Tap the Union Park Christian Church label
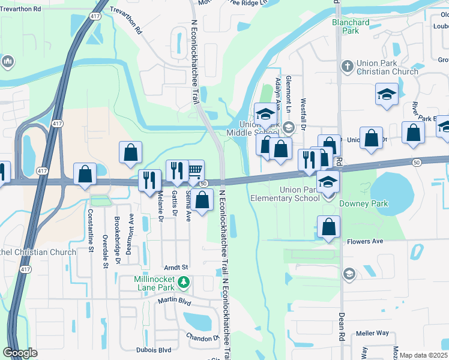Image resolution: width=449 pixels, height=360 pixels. coord(378,67)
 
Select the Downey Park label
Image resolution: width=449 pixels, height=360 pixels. coord(364,203)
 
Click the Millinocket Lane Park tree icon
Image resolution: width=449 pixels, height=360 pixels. coord(186,281)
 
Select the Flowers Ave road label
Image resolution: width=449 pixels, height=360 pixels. coord(365,242)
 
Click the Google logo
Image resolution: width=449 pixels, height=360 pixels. coord(20,353)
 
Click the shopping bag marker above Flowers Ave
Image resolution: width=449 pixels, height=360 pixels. coord(328,227)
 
